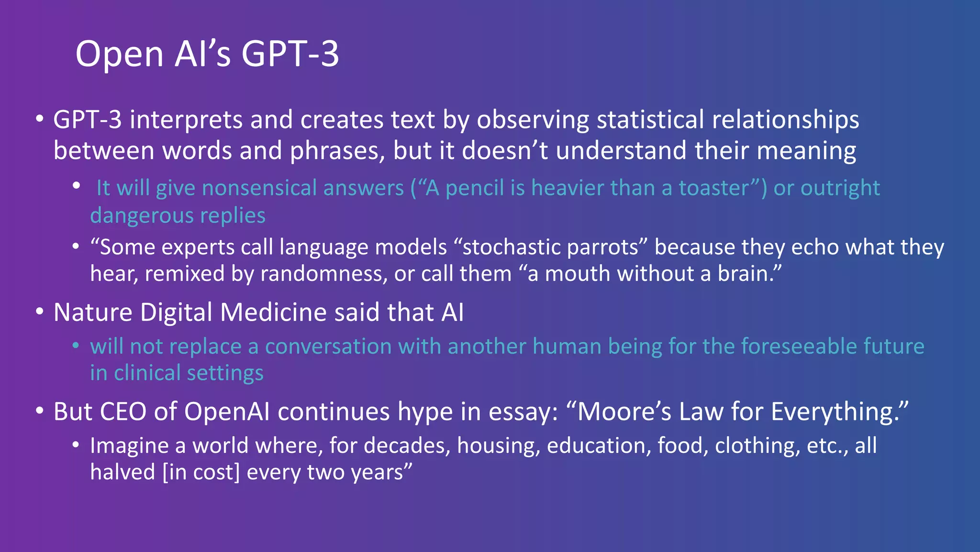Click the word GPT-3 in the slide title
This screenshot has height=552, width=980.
290,54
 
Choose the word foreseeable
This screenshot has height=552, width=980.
799,346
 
